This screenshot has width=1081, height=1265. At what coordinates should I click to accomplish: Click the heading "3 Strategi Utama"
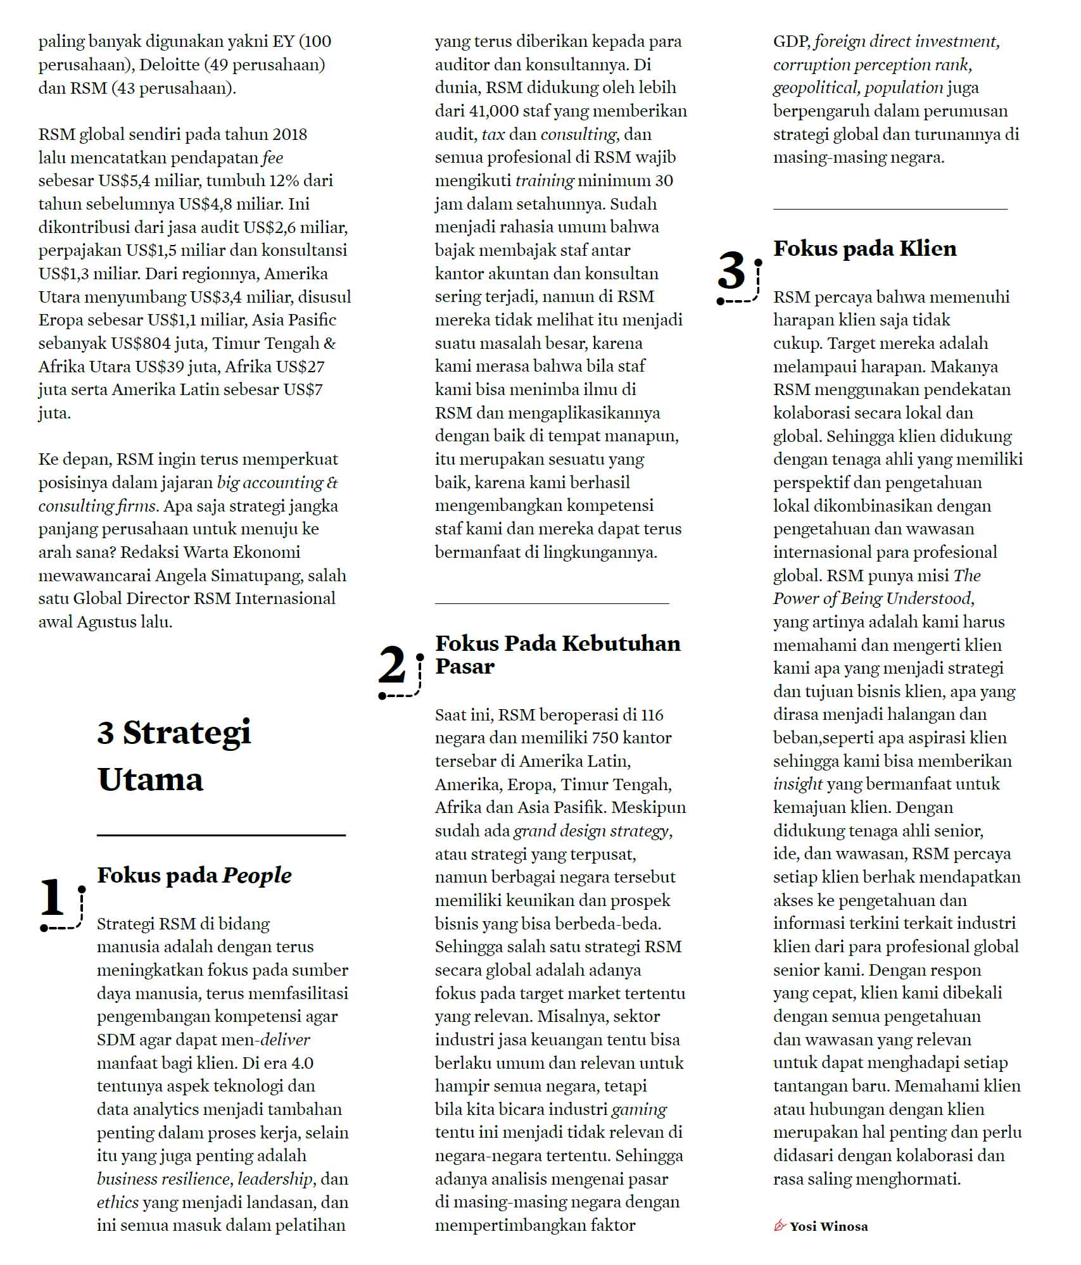point(174,755)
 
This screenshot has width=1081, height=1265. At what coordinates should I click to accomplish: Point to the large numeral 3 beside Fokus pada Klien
point(732,271)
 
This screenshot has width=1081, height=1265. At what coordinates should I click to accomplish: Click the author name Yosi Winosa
point(828,1226)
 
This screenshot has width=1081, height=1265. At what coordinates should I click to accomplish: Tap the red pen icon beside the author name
point(780,1226)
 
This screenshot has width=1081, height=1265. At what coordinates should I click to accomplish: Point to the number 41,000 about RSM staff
point(494,111)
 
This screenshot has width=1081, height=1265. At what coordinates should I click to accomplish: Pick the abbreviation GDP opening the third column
point(791,42)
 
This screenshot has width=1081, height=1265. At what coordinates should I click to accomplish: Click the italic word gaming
point(638,1109)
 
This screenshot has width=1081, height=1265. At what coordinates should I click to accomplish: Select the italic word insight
point(797,784)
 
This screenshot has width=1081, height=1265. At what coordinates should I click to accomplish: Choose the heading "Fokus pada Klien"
point(864,248)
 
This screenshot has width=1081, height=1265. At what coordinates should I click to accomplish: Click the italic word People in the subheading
point(257,875)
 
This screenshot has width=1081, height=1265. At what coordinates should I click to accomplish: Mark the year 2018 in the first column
point(289,134)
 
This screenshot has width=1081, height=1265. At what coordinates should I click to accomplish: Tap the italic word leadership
point(275,1179)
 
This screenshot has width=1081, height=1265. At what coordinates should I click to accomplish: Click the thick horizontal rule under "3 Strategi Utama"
point(221,835)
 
